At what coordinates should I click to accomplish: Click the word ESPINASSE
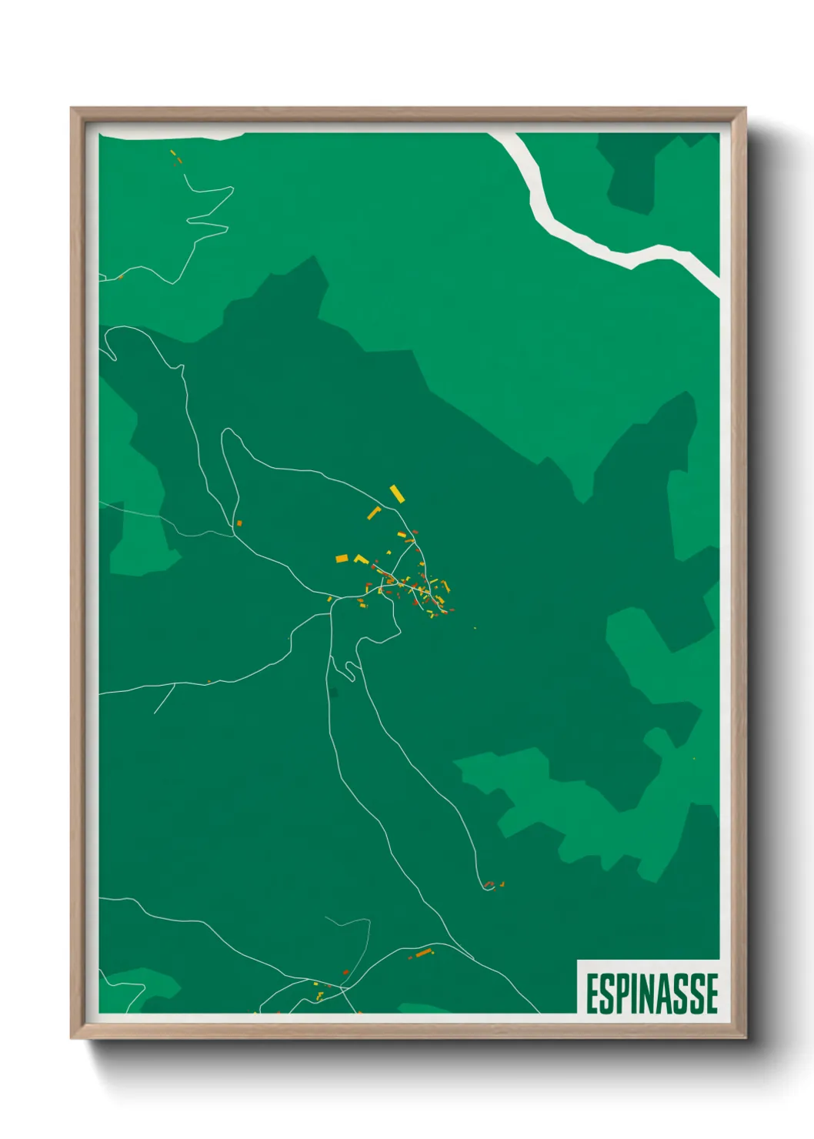pos(652,994)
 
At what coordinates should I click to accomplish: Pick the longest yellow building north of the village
pos(397,493)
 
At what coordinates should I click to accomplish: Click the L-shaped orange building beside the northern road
pos(374,513)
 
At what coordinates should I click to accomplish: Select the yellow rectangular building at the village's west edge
pos(342,559)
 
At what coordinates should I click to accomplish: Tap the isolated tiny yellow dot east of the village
pos(475,628)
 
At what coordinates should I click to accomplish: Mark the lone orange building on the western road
pos(239,523)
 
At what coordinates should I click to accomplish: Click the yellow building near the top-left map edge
pos(173,153)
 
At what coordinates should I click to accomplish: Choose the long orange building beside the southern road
pos(422,954)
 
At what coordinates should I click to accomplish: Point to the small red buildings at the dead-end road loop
pos(491,884)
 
